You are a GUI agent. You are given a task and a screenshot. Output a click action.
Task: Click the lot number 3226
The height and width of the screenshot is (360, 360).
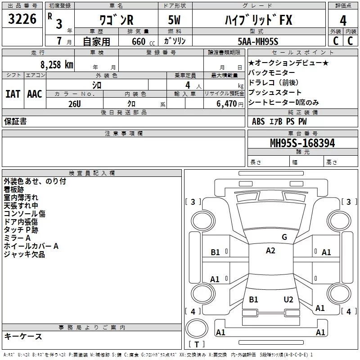(22, 19)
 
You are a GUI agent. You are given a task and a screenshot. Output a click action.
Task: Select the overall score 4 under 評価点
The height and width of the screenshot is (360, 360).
(343, 21)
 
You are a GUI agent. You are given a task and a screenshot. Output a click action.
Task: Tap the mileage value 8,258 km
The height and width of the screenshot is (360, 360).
(57, 65)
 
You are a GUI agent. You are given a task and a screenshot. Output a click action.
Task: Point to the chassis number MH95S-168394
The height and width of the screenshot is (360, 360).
(302, 143)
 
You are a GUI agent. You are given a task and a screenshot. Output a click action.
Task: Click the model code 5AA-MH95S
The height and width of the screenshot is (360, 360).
(258, 41)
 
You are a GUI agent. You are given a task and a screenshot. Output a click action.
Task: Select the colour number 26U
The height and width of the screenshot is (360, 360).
(75, 104)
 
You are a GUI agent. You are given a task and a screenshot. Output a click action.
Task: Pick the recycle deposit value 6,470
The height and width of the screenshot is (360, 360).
(227, 104)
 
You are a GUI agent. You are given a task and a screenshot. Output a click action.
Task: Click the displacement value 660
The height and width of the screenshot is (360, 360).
(139, 41)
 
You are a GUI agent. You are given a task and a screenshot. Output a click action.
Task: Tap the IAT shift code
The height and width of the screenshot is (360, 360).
(13, 94)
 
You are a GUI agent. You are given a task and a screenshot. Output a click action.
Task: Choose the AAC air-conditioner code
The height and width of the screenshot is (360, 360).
(35, 94)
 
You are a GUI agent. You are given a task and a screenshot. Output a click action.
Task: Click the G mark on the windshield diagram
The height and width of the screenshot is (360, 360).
(284, 237)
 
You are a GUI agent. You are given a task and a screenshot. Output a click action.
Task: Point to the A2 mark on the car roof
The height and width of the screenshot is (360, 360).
(270, 251)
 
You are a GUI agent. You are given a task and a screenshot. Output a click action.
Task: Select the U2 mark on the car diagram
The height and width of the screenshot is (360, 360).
(288, 299)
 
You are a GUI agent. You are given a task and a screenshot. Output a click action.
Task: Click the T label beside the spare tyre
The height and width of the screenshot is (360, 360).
(197, 344)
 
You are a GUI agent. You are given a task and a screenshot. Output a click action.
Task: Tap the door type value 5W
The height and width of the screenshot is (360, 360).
(174, 20)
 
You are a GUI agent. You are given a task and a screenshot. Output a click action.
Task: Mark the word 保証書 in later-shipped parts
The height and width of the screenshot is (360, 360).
(15, 121)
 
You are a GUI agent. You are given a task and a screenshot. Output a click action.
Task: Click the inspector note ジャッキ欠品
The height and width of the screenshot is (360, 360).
(24, 254)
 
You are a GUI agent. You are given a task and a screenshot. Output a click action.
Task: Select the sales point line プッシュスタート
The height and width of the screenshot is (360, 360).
(274, 92)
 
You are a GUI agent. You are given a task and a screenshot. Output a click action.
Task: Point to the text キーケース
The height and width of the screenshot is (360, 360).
(23, 336)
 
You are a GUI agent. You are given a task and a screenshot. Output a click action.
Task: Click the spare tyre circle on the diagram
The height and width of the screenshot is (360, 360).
(197, 328)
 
